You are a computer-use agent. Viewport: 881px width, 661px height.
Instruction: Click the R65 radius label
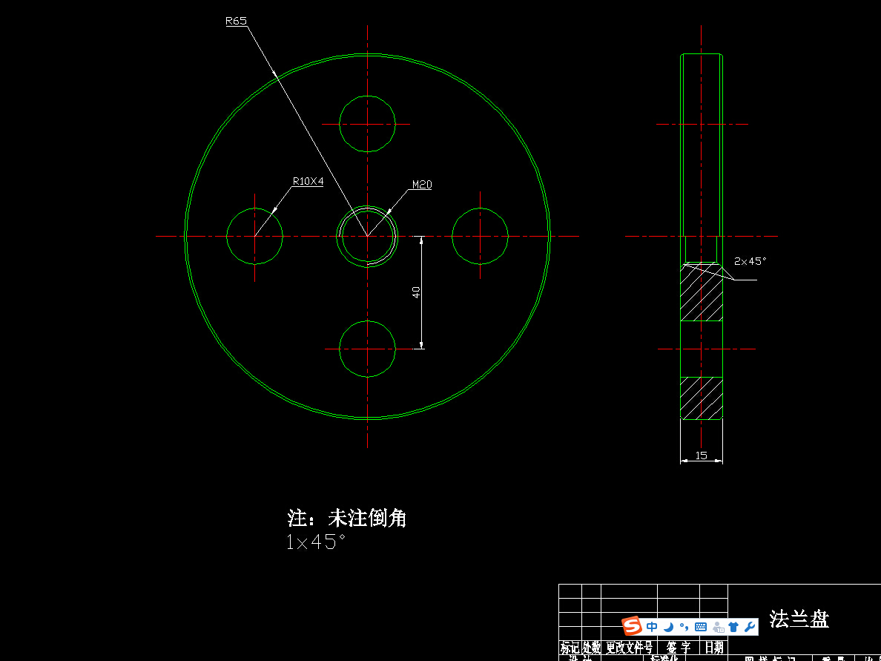236,22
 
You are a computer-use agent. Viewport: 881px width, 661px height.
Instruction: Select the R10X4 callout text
308,181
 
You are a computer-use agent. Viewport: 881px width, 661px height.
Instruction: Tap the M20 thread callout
421,185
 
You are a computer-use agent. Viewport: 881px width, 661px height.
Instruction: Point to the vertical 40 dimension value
417,292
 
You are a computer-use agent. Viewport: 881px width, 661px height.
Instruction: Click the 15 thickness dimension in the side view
702,456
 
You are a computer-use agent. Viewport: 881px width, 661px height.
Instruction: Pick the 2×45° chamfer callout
750,261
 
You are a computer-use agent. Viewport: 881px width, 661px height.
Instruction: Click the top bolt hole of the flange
367,123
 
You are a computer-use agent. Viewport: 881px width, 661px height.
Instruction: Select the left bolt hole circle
254,236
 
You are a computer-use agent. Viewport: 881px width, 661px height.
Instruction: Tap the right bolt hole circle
480,236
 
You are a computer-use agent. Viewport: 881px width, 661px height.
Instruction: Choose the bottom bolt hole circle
367,349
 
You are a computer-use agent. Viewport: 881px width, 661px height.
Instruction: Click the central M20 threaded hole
367,236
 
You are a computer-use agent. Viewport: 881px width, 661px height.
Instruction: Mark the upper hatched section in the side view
702,292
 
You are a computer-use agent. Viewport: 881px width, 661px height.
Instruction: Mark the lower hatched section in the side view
702,398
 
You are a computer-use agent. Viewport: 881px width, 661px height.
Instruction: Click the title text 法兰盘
799,619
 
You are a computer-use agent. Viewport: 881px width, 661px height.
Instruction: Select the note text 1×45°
316,542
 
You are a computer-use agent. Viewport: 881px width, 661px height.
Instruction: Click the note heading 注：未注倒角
347,518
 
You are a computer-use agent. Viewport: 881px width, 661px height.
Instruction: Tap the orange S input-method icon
632,627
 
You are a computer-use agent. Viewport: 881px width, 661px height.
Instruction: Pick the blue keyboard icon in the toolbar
700,627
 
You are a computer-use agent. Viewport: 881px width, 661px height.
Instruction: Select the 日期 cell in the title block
713,648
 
